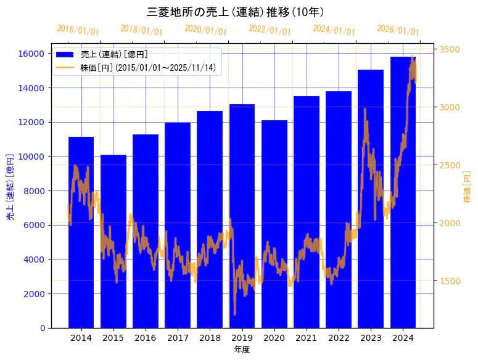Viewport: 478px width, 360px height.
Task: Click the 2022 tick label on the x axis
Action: pos(339,338)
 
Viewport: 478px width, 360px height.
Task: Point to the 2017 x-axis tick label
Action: pos(178,338)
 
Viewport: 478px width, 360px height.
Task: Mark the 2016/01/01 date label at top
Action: pos(78,30)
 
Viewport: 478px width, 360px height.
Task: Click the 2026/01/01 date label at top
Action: pos(398,30)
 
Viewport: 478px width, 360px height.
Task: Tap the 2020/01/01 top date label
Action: pos(205,30)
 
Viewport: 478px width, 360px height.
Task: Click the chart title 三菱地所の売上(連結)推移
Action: pos(237,12)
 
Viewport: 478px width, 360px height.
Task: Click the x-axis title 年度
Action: pos(242,350)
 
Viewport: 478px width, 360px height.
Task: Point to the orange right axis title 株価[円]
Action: pos(467,187)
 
